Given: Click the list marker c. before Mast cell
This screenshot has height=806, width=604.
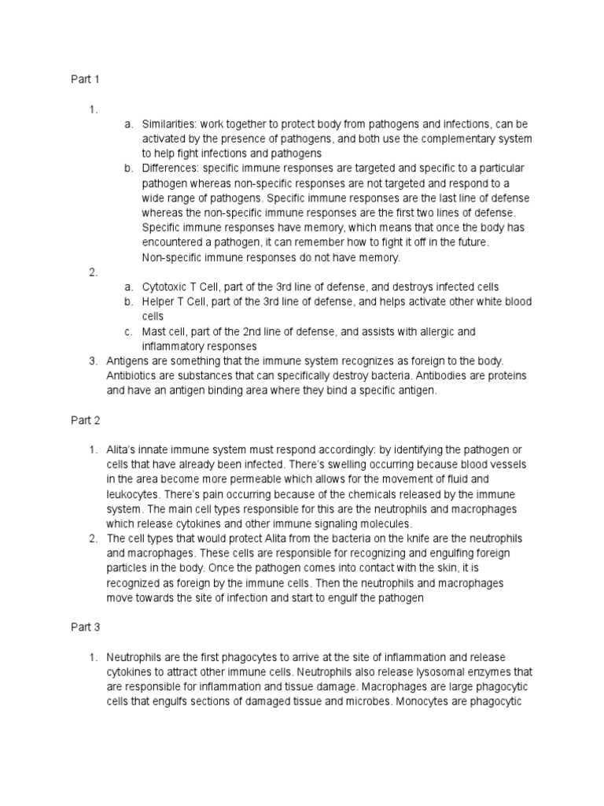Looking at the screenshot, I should click(127, 331).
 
